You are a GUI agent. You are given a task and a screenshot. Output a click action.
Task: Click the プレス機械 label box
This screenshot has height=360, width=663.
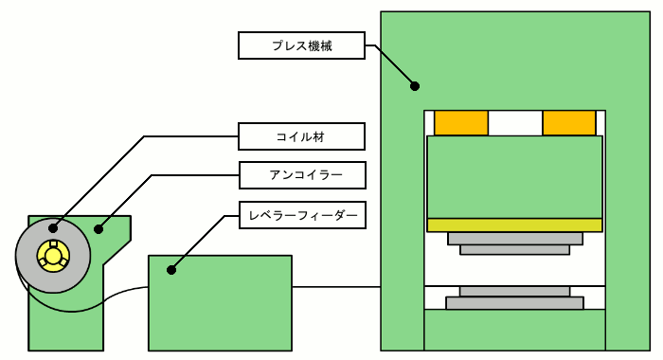click(x=301, y=45)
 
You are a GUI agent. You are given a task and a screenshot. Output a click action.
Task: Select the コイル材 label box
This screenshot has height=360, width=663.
click(x=301, y=136)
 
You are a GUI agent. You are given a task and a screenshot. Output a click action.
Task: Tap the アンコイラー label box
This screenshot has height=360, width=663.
click(x=302, y=175)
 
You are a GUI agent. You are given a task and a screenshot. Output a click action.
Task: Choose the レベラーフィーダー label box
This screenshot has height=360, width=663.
click(x=302, y=215)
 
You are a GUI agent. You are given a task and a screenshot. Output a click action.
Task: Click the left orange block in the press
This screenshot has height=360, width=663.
click(x=461, y=123)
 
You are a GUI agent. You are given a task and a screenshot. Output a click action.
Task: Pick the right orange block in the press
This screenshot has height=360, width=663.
click(x=569, y=123)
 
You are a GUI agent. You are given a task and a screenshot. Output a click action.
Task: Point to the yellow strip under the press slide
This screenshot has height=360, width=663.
click(x=514, y=225)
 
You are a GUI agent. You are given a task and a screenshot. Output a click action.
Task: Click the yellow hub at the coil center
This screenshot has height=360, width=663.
click(x=53, y=256)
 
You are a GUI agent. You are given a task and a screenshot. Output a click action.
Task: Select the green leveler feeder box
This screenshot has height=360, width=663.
click(x=220, y=303)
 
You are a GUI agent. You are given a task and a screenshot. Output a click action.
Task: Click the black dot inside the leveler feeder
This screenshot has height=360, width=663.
click(x=171, y=270)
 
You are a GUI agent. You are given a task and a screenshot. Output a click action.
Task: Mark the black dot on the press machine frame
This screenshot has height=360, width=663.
click(x=415, y=86)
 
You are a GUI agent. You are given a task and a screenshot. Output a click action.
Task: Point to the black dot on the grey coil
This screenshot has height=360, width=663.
click(x=53, y=228)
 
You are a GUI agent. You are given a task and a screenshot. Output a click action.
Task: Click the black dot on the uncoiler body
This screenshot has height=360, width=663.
click(x=99, y=229)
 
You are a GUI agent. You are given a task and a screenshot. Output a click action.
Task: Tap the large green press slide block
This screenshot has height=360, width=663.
click(x=514, y=177)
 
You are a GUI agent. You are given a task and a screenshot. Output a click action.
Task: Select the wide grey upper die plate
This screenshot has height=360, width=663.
click(x=515, y=238)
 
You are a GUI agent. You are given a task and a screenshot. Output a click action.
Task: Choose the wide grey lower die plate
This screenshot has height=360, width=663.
click(x=514, y=303)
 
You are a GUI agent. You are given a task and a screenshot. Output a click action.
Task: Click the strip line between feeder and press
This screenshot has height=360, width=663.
click(x=336, y=287)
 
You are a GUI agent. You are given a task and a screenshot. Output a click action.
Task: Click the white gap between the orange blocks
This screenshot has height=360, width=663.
click(x=515, y=123)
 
